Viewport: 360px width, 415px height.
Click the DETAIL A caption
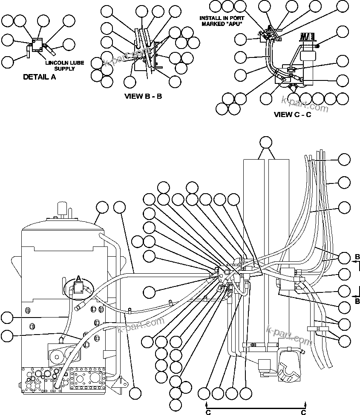[40, 77]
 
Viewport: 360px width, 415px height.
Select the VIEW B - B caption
[143, 96]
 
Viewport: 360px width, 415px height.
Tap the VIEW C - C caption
[292, 114]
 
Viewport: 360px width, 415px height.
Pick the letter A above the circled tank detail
[78, 278]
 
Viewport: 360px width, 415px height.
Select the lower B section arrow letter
[357, 300]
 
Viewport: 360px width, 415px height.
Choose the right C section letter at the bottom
[304, 412]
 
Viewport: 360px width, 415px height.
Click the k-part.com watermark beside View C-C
[305, 104]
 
